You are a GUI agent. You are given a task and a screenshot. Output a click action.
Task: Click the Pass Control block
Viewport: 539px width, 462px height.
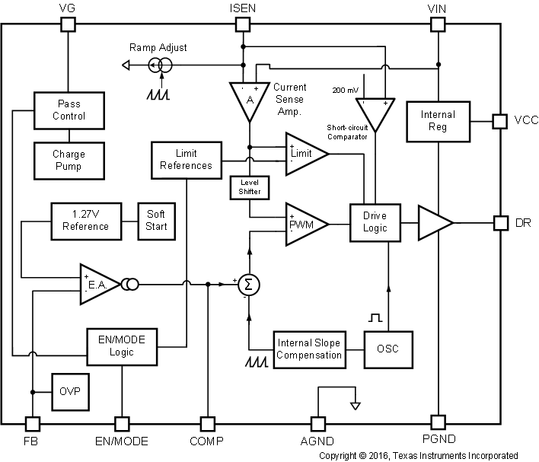pos(69,110)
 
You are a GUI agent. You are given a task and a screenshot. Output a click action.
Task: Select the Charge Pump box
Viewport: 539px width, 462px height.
pos(69,159)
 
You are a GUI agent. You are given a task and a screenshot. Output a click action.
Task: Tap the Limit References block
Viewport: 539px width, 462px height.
pos(186,160)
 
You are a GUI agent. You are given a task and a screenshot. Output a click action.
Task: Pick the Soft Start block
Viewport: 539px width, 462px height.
pos(155,220)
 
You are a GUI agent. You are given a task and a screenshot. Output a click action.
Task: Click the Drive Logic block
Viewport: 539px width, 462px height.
pos(375,222)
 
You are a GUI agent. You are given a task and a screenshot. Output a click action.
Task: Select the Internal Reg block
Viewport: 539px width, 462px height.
pos(439,121)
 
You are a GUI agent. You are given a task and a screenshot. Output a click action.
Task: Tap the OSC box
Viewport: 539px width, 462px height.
pos(388,349)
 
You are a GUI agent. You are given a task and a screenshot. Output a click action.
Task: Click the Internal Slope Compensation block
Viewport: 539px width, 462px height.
pos(308,349)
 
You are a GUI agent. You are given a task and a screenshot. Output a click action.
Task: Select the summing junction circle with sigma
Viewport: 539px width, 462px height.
pos(248,284)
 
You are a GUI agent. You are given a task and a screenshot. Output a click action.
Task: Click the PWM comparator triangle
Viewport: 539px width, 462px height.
pos(302,225)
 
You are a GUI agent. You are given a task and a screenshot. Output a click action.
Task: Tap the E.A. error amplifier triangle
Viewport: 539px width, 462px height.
pos(97,285)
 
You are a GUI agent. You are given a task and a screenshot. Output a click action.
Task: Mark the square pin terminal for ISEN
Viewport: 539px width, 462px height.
pos(243,24)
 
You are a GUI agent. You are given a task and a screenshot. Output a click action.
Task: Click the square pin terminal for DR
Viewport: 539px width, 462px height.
pos(500,223)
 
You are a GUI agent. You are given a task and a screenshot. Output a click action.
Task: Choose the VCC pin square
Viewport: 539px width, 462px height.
pos(500,121)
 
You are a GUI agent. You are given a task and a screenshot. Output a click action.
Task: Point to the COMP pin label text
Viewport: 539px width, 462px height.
pos(207,441)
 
